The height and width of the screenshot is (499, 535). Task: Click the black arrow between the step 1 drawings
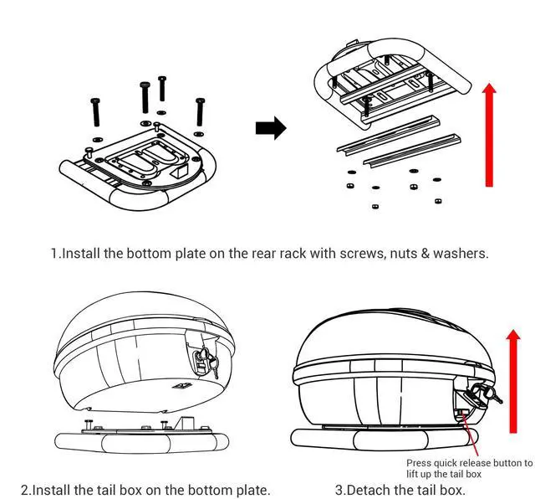click(x=270, y=128)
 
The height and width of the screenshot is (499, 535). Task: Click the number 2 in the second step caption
click(x=26, y=489)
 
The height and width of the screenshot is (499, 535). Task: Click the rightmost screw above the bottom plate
click(x=199, y=113)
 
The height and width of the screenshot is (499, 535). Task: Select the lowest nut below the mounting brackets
click(x=374, y=205)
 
